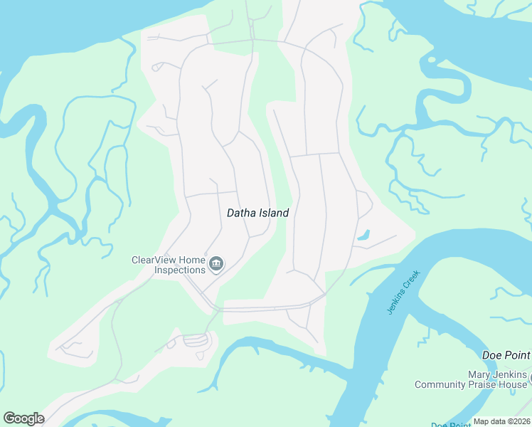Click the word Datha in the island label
coord(241,213)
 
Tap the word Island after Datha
coord(273,213)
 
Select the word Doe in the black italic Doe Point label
coord(491,355)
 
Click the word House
coord(514,385)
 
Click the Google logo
coord(23,418)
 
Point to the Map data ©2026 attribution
coord(501,421)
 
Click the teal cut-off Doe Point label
coord(452,424)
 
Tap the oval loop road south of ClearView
coord(196,340)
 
